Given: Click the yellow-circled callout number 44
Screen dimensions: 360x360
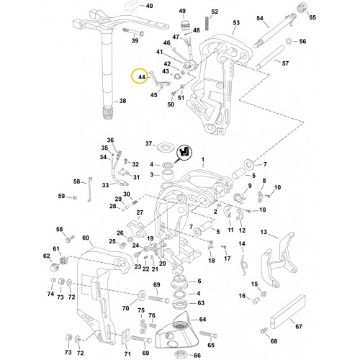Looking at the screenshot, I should click(141, 76).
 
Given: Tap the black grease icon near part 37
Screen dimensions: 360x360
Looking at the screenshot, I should click(185, 152).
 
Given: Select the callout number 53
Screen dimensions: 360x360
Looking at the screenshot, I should click(235, 23).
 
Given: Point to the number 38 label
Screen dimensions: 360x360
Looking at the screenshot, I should click(122, 102).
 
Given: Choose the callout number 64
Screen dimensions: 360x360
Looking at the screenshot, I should click(202, 319).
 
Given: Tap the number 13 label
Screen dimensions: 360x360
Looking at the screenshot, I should click(264, 233).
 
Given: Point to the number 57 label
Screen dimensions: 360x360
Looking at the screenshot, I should click(285, 63).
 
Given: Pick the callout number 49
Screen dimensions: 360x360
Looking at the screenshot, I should click(182, 12).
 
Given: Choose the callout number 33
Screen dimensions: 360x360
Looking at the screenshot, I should click(105, 185).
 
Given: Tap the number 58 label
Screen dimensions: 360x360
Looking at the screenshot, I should click(77, 181).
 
